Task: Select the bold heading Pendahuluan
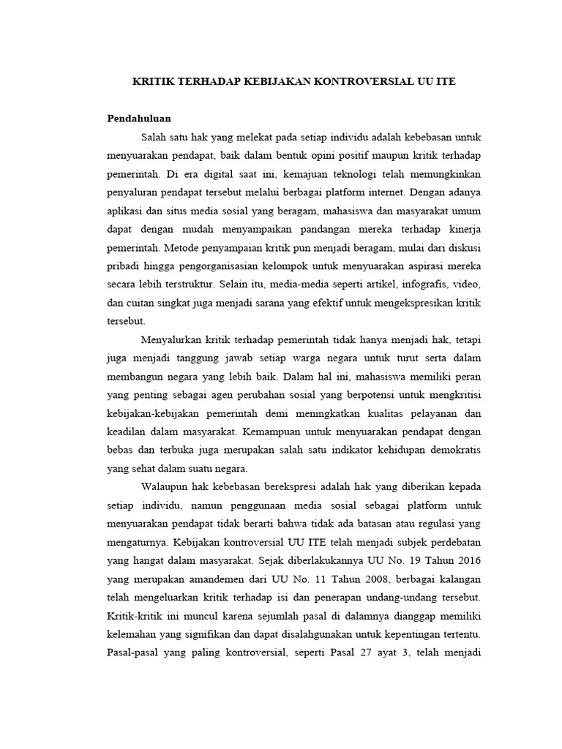point(139,118)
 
